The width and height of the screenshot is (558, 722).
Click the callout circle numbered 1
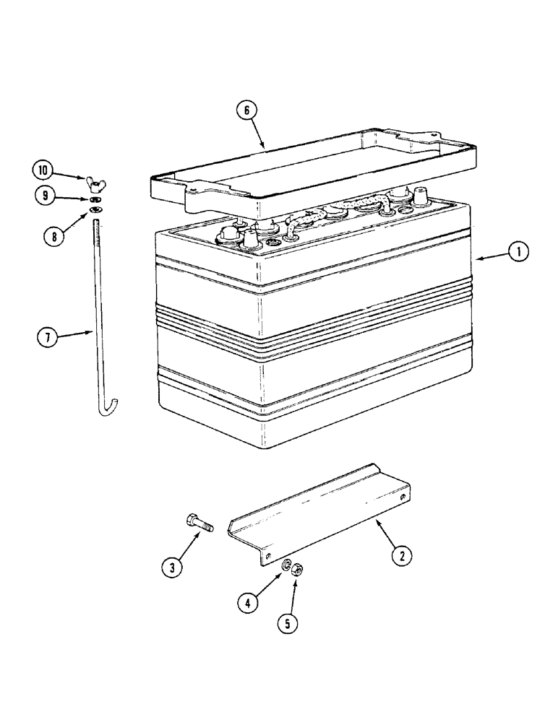point(519,252)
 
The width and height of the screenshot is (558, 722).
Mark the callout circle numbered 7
point(48,337)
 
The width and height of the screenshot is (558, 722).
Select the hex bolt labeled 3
point(200,522)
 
